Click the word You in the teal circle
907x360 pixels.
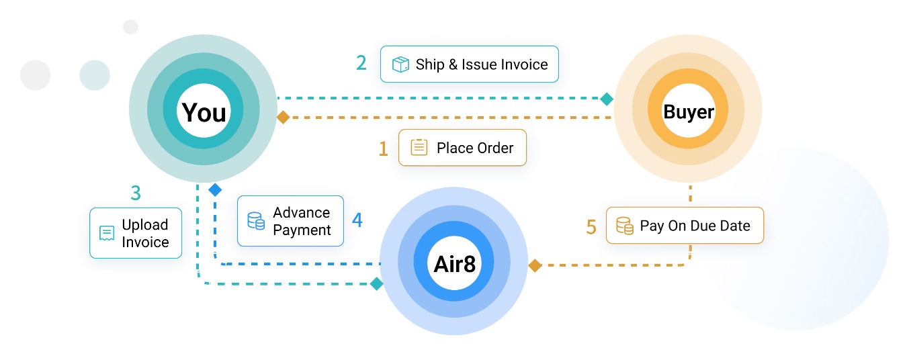coord(204,113)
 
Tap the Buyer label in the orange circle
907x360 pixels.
coord(689,111)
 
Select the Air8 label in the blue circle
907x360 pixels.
coord(455,264)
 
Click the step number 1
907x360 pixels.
coord(383,148)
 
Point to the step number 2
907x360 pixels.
coord(361,63)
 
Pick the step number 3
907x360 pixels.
coord(136,193)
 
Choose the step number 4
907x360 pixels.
coord(357,220)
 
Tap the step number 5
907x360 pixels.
coord(591,227)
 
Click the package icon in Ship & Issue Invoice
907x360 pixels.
coord(400,64)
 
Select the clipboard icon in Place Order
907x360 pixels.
coord(419,148)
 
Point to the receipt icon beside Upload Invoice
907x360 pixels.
coord(106,233)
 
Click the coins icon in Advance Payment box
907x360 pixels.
coord(255,220)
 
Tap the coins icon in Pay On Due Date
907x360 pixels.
coord(625,226)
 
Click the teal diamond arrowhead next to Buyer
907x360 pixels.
coord(607,99)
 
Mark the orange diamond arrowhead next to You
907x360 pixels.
coord(284,117)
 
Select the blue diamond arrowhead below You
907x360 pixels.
coord(215,190)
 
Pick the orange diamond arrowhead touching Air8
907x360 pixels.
coord(535,265)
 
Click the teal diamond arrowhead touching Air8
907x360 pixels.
coord(376,284)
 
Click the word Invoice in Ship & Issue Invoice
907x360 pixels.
coord(523,64)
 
